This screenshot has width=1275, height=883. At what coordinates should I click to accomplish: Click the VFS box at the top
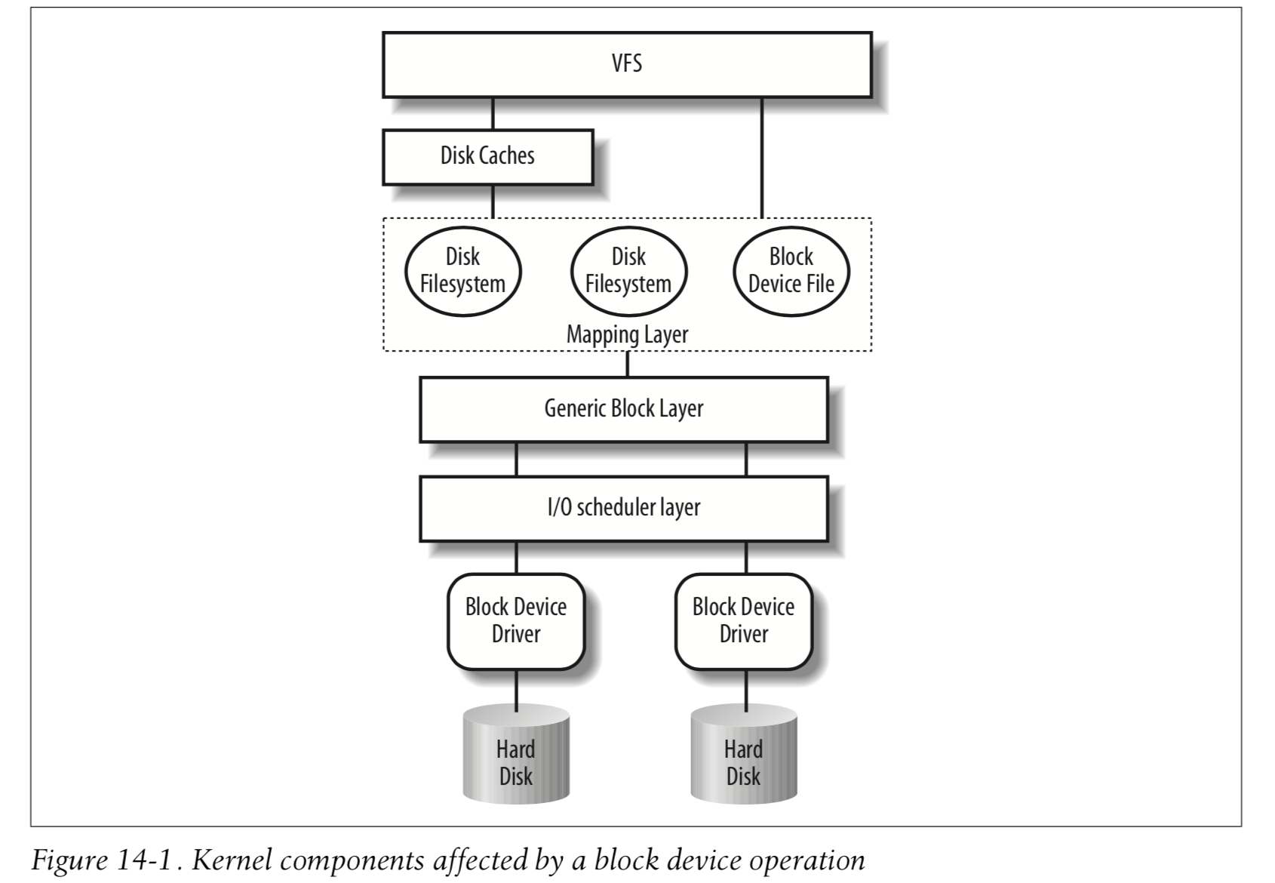pyautogui.click(x=626, y=64)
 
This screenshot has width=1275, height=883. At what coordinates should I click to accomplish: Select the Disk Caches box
pyautogui.click(x=487, y=156)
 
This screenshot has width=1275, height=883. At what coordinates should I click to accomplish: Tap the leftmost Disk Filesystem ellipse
pyautogui.click(x=462, y=271)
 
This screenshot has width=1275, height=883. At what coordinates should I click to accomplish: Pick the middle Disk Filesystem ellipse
pyautogui.click(x=628, y=271)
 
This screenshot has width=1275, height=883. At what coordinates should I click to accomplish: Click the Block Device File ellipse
pyautogui.click(x=791, y=271)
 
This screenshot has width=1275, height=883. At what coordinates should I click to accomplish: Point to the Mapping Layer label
pyautogui.click(x=627, y=334)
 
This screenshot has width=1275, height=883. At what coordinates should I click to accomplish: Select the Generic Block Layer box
pyautogui.click(x=623, y=409)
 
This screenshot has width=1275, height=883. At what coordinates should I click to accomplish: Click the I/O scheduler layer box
pyautogui.click(x=623, y=508)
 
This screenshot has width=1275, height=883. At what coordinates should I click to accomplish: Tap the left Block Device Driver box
pyautogui.click(x=515, y=621)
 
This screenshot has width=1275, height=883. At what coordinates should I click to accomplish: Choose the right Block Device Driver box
pyautogui.click(x=743, y=621)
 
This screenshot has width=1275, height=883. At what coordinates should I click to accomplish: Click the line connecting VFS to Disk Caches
pyautogui.click(x=493, y=114)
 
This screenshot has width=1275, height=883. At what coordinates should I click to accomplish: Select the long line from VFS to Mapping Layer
pyautogui.click(x=762, y=158)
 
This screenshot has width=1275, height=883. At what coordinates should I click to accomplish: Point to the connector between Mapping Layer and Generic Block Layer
pyautogui.click(x=628, y=365)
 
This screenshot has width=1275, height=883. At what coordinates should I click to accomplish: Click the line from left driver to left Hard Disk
pyautogui.click(x=517, y=689)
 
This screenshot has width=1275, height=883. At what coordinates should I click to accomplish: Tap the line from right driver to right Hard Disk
pyautogui.click(x=746, y=689)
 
